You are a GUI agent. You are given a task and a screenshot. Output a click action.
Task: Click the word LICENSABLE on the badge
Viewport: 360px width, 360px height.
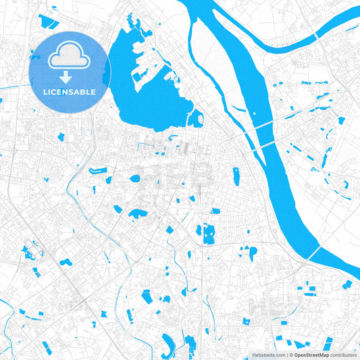[70, 91]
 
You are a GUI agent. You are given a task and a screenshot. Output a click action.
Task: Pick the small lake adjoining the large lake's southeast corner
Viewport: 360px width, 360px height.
[196, 120]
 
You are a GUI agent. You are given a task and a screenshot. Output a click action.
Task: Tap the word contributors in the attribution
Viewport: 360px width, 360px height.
[343, 354]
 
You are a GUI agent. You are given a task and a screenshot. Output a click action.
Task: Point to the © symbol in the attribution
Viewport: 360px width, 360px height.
[290, 354]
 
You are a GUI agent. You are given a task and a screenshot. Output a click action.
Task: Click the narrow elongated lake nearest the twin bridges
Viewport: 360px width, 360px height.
[236, 176]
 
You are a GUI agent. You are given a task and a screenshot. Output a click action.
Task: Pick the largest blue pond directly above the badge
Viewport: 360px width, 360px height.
[50, 22]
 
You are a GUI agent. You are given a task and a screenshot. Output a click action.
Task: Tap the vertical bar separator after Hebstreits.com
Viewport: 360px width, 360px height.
[286, 354]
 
